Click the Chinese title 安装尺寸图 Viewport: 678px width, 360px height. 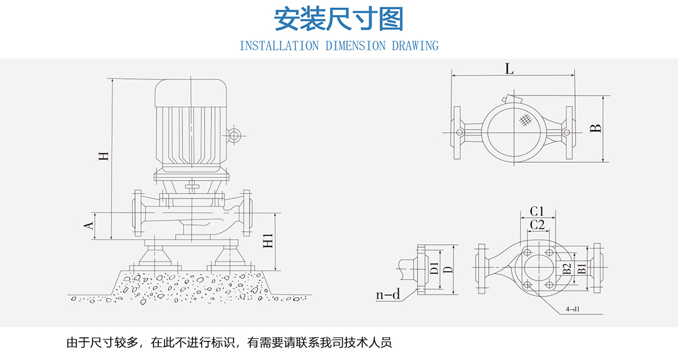click(x=338, y=20)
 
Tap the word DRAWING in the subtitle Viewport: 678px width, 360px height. click(x=415, y=46)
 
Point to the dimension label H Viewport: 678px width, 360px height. click(x=105, y=156)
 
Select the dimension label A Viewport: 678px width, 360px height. click(x=89, y=227)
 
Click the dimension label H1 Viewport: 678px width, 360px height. click(x=268, y=242)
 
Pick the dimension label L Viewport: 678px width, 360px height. click(x=509, y=68)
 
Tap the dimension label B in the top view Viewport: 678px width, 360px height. click(x=595, y=128)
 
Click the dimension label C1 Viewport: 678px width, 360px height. click(x=537, y=211)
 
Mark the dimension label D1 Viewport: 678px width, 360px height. click(x=435, y=269)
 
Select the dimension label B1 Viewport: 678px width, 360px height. click(x=581, y=269)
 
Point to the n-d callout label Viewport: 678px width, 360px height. click(x=388, y=295)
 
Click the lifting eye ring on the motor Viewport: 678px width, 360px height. click(x=234, y=135)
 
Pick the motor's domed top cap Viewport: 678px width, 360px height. click(x=191, y=92)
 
